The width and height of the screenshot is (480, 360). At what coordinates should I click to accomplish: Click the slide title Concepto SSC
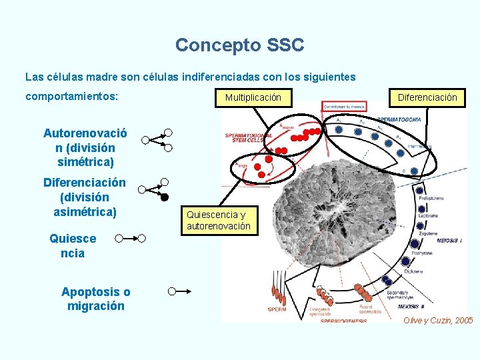[x=239, y=45]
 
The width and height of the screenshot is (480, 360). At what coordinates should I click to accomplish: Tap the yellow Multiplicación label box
[x=253, y=97]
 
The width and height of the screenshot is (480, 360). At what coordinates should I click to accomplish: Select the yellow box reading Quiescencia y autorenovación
[x=218, y=221]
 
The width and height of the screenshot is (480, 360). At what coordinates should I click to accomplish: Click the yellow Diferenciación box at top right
[x=427, y=97]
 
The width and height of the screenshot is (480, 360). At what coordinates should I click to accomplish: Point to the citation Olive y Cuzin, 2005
[x=438, y=321]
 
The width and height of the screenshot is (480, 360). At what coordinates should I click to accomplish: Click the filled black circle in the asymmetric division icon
[x=165, y=197]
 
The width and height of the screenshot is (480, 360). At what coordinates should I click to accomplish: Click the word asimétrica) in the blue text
[x=85, y=212]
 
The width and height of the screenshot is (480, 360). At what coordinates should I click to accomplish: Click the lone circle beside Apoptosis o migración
[x=172, y=291]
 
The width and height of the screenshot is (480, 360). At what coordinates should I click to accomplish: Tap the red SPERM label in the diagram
[x=277, y=309]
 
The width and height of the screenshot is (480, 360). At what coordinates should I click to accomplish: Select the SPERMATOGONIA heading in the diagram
[x=399, y=118]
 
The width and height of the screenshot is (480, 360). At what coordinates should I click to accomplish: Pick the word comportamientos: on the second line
[x=72, y=96]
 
